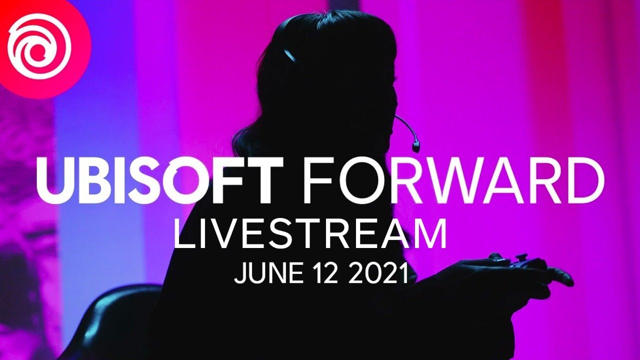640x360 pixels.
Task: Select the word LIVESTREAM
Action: (x=309, y=234)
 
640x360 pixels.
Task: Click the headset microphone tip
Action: (x=415, y=147)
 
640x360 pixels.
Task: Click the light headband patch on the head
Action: (x=289, y=54)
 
